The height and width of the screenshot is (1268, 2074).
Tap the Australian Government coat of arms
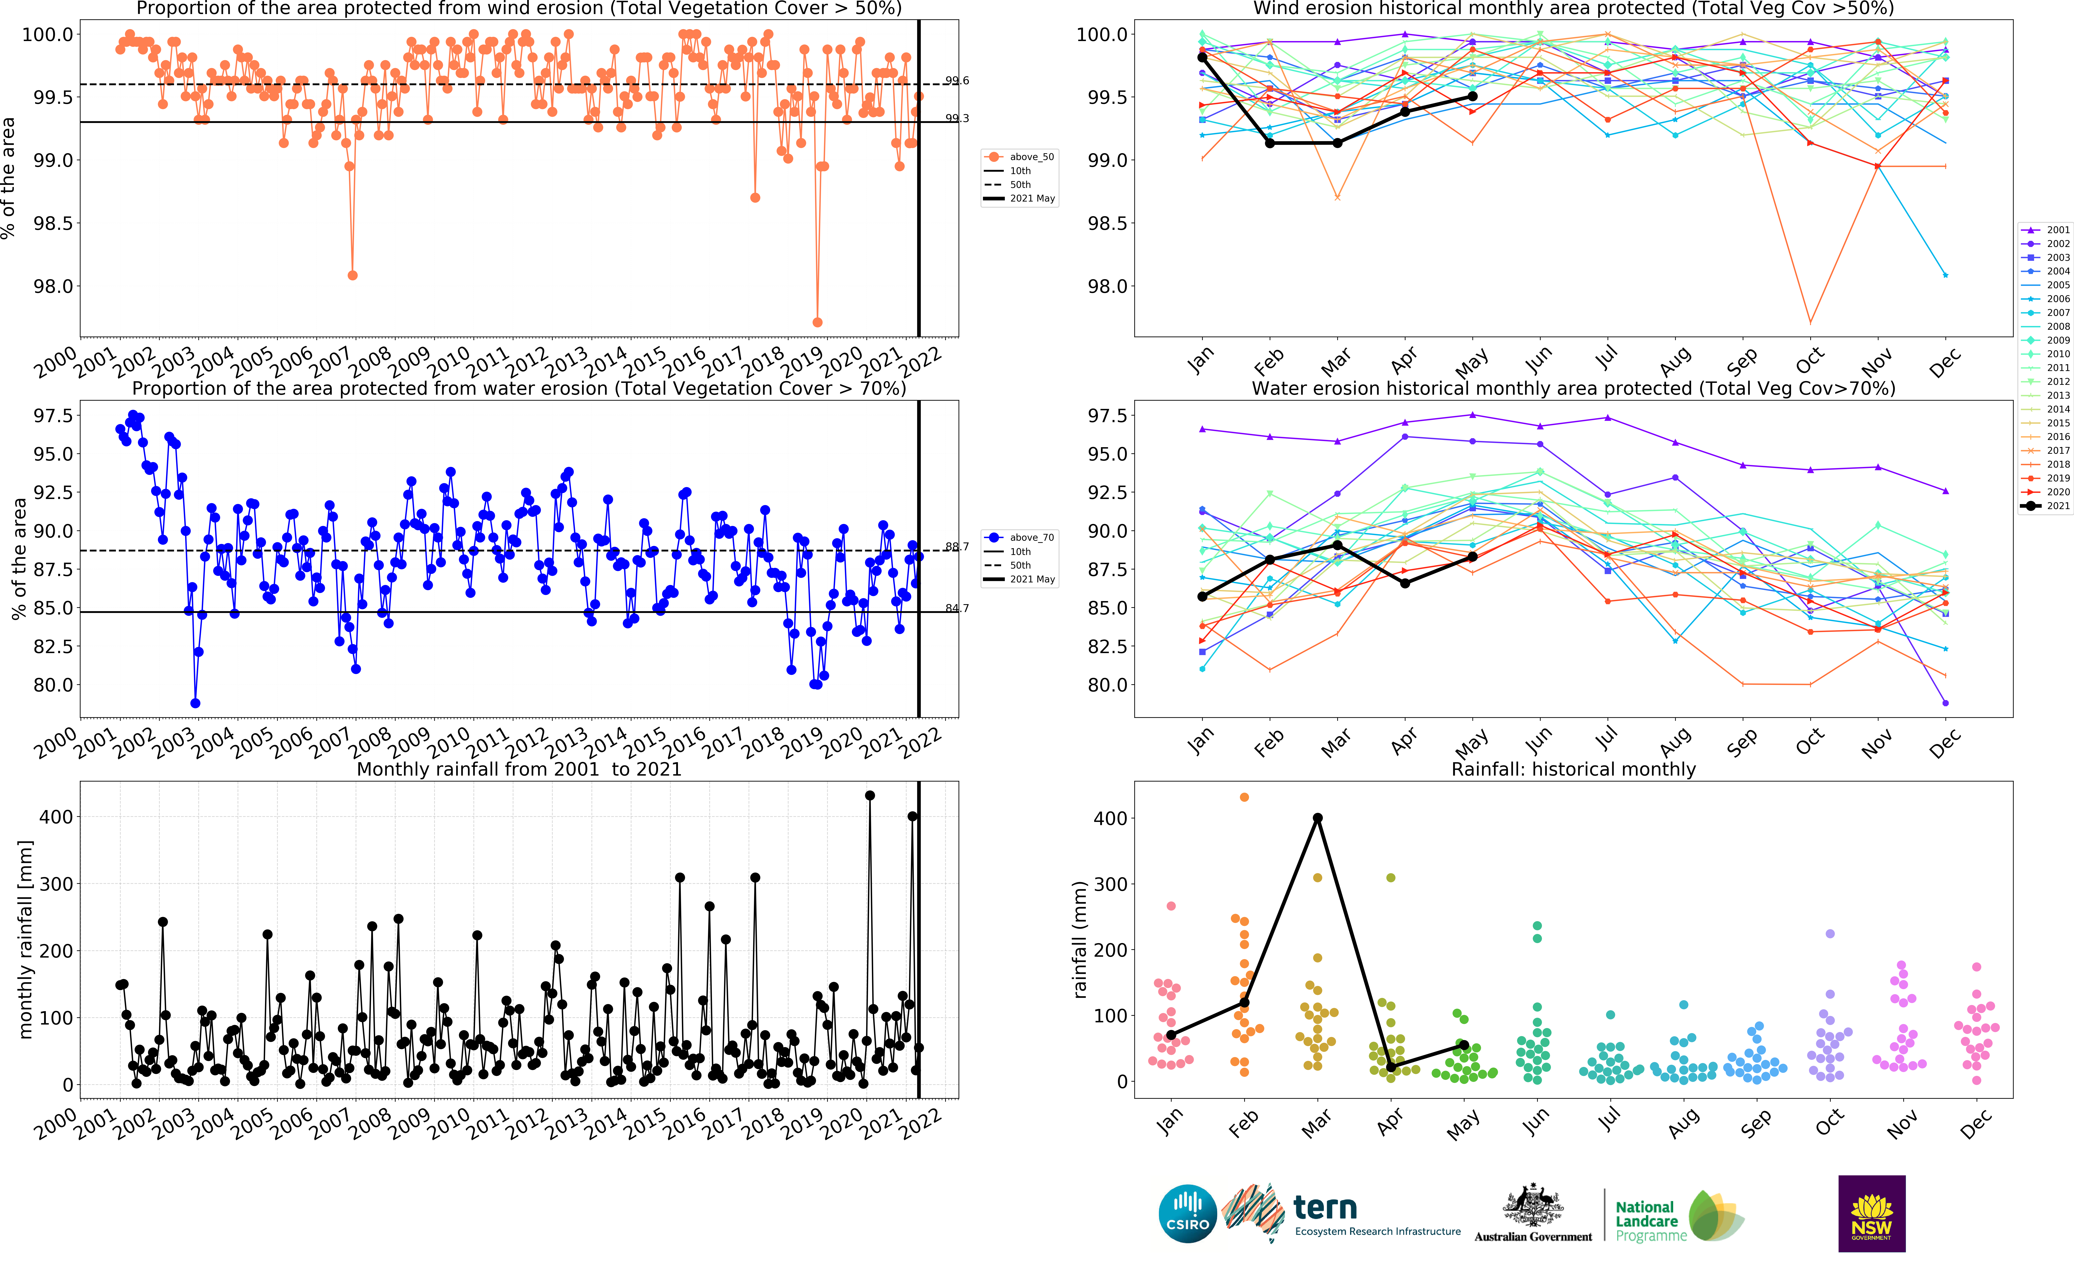coord(1533,1206)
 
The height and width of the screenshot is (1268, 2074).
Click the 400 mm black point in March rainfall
coord(1317,818)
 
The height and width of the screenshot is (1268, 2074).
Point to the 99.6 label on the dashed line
coord(957,81)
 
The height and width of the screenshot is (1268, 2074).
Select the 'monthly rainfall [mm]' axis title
coord(25,939)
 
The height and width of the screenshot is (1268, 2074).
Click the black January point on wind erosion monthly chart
coord(1202,57)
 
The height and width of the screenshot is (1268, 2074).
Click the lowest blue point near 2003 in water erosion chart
coord(195,703)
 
